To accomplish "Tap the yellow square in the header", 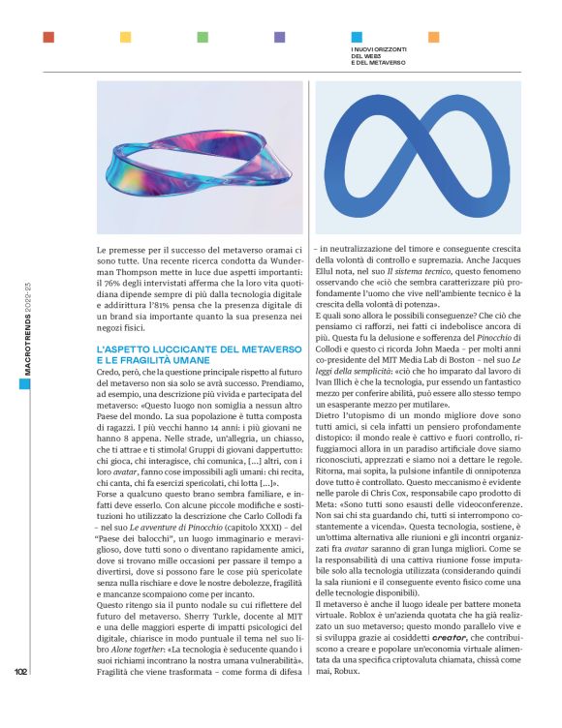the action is click(x=125, y=37).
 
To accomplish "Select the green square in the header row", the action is click(x=203, y=37).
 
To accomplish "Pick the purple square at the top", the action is click(x=279, y=37).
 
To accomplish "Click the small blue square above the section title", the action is click(x=356, y=37).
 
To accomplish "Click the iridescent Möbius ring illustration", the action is click(x=201, y=155).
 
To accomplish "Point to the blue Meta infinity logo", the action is click(x=431, y=155).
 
